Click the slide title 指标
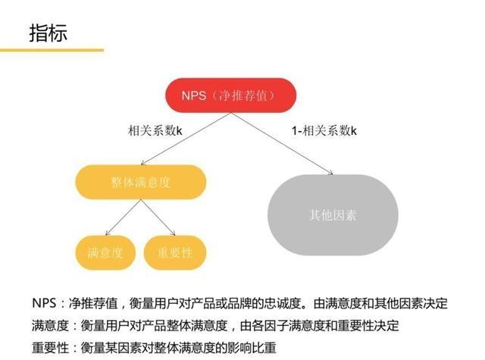coord(48,33)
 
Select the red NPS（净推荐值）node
coord(230,95)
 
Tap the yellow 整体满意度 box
coord(141,182)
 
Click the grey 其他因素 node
coord(333,215)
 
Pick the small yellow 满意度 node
coord(105,252)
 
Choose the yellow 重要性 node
coord(175,252)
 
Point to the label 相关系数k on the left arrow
coord(155,130)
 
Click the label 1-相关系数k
coord(324,130)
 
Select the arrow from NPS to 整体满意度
coord(186,139)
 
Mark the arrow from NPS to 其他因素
coord(282,143)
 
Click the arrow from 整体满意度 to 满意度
coord(123,218)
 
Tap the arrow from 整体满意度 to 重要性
coord(158,218)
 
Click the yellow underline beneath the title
coord(52,50)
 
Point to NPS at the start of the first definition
coord(44,303)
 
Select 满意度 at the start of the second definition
coord(50,325)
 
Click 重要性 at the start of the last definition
coord(50,348)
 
